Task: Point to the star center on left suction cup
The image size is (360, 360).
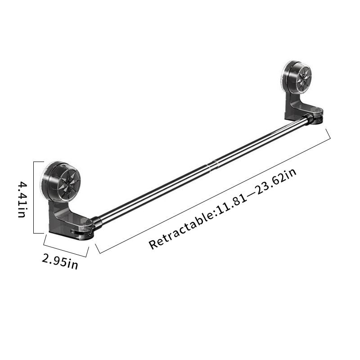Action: coord(68,182)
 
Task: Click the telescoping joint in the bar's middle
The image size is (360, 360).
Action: coord(212,163)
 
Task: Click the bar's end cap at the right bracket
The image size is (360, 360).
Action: coord(310,119)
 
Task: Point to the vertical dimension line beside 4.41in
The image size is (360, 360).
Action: coord(34,198)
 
